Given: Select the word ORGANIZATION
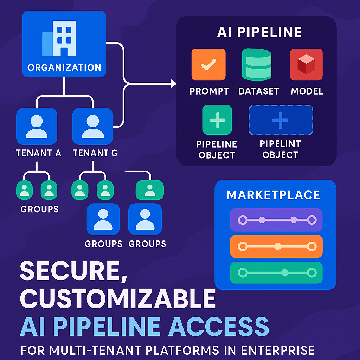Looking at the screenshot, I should click(64, 67).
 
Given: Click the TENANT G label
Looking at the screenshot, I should click(95, 153).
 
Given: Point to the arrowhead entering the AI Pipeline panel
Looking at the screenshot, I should click(173, 83).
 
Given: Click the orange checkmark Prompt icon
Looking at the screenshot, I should click(208, 64).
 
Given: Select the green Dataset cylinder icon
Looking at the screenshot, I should click(257, 64).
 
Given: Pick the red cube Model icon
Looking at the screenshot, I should click(306, 64).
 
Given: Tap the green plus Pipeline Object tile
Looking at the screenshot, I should click(217, 120).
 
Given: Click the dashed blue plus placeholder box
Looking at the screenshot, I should click(281, 120).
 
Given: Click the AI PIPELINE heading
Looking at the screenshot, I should click(259, 32).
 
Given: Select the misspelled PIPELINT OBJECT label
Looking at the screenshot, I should click(280, 149).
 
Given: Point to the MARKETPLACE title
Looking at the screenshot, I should click(273, 195).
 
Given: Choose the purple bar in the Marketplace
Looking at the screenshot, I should click(276, 220).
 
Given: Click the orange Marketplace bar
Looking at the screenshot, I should click(276, 246).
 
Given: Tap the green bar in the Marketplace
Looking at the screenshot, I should click(276, 272).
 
